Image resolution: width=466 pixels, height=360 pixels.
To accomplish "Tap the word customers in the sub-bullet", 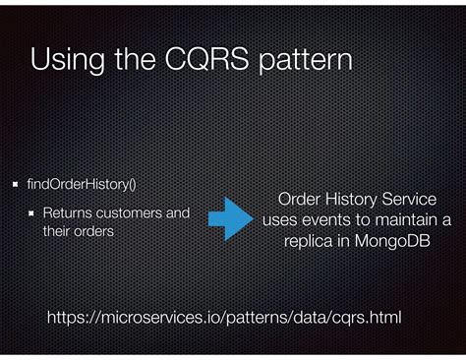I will pos(127,211).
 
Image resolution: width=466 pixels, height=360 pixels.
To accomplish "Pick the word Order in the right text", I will pos(300,201).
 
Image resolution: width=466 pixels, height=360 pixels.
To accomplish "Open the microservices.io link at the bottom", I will pos(225,317).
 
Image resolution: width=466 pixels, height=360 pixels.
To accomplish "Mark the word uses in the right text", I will pos(279,220).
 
